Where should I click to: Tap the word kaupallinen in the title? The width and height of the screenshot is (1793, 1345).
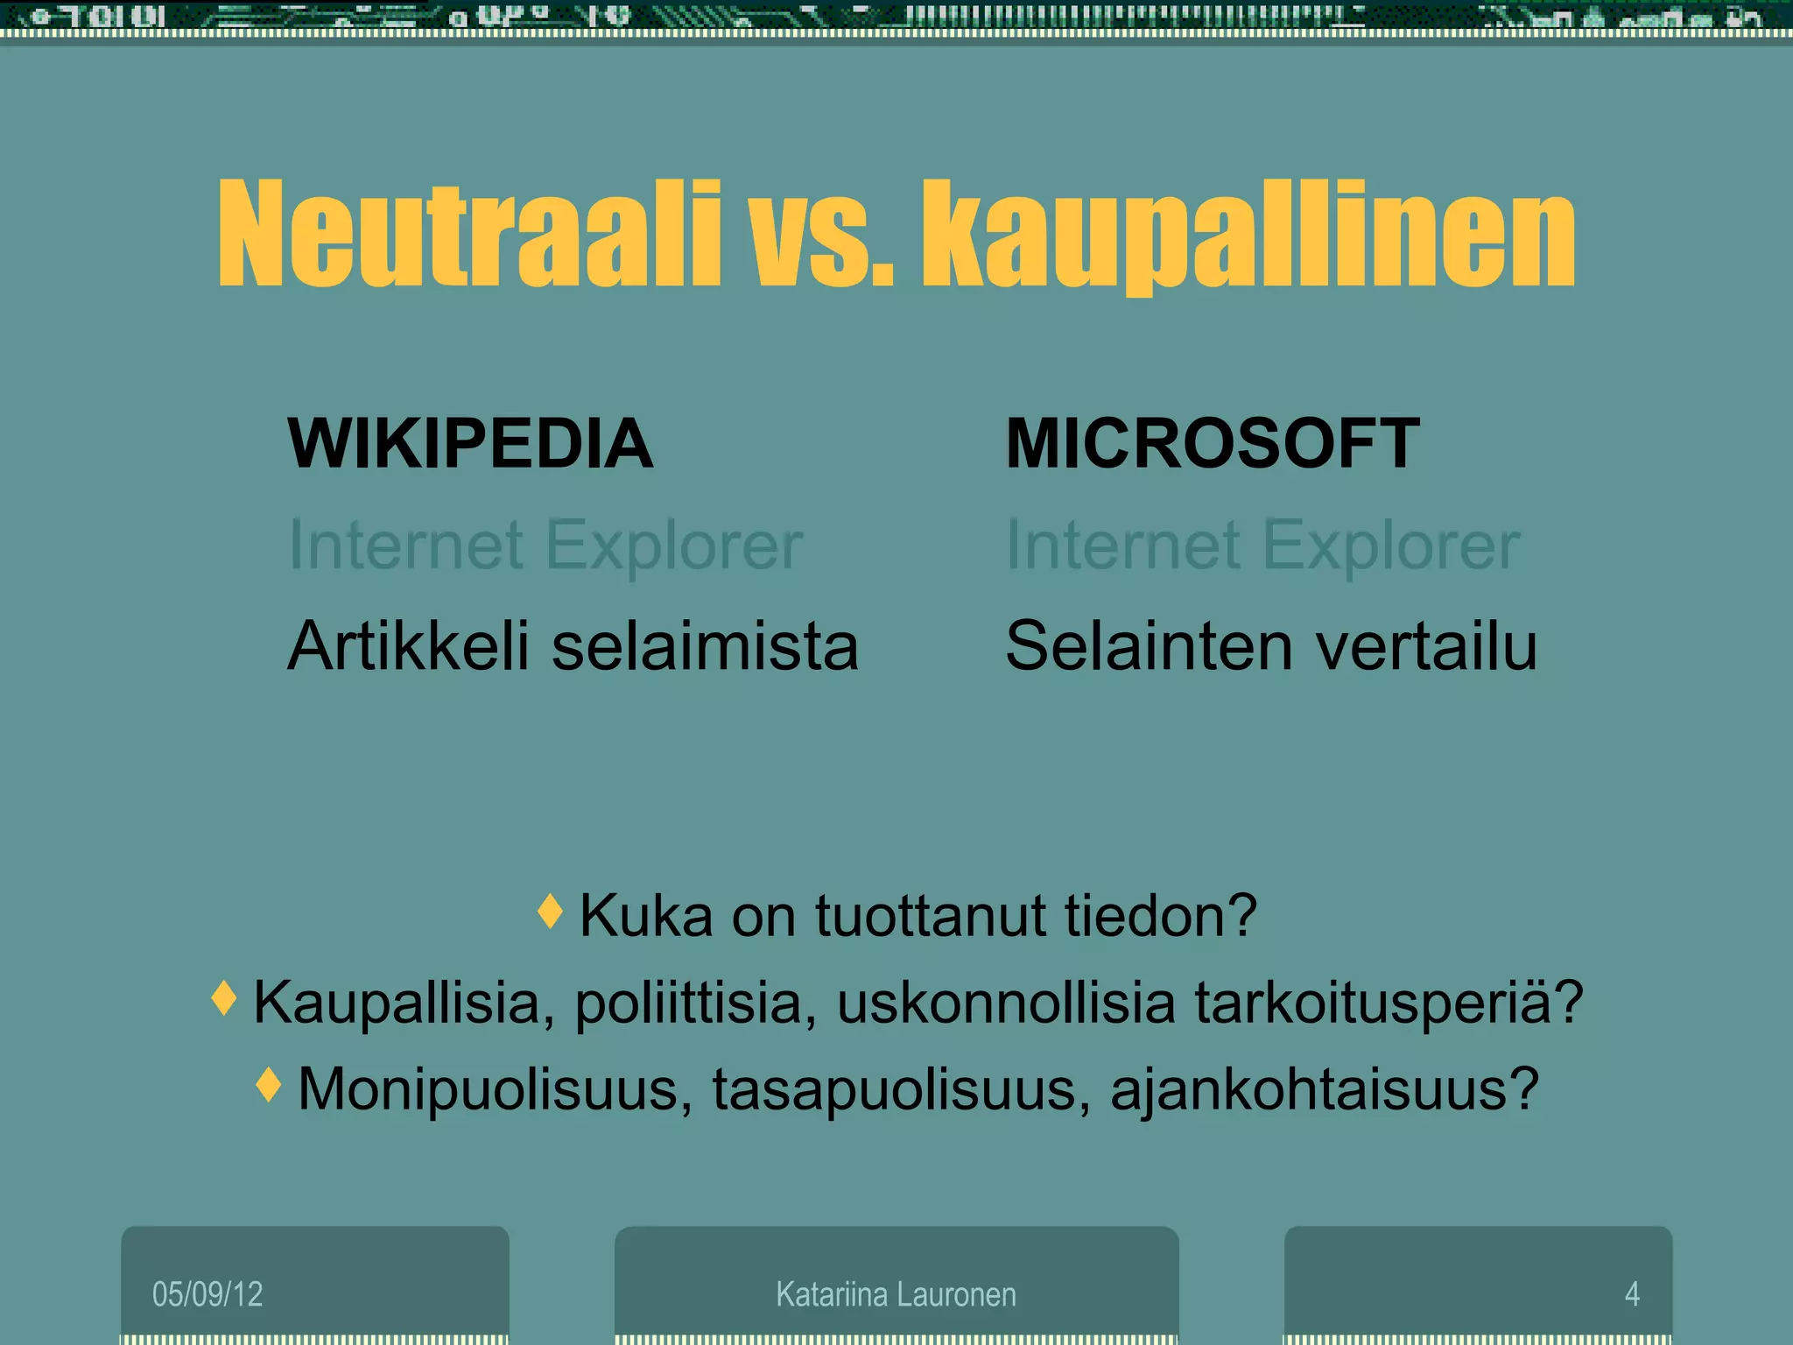(1247, 235)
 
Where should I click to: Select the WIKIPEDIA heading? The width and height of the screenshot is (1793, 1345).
(470, 444)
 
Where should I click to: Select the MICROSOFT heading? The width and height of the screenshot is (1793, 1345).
(1212, 444)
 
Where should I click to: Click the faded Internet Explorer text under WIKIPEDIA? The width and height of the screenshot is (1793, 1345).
(545, 545)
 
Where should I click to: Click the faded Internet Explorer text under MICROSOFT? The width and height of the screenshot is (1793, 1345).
(1262, 545)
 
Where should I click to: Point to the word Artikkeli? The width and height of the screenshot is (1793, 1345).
(408, 646)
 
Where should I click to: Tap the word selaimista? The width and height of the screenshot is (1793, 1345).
(705, 646)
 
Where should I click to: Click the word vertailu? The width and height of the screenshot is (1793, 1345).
(1426, 646)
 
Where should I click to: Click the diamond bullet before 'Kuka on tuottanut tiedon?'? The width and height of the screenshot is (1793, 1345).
(550, 912)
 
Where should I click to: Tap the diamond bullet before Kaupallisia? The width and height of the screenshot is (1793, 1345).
(224, 998)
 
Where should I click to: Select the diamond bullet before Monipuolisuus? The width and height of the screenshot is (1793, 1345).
(269, 1085)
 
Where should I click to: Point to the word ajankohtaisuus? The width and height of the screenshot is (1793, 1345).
(1324, 1089)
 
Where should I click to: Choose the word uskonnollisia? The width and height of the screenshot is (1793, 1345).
(1006, 1002)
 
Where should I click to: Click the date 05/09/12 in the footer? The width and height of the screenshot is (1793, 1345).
(207, 1294)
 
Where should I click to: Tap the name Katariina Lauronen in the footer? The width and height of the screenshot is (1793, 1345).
(896, 1294)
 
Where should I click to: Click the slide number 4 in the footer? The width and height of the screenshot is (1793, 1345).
(1632, 1294)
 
